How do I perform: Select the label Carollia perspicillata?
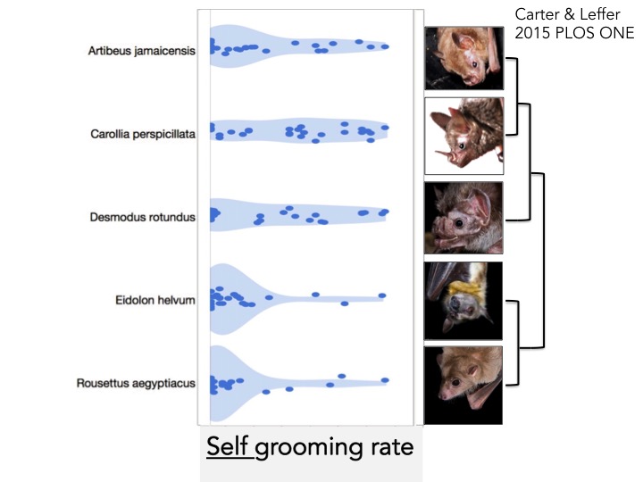143,135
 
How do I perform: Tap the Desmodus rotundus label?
142,217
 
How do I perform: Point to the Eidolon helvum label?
154,301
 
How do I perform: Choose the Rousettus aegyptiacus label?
137,384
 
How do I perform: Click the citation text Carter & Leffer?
567,15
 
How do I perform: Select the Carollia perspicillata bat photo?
463,136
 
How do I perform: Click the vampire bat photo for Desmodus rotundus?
463,219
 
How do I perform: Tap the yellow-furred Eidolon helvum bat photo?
463,299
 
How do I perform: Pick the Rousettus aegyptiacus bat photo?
463,385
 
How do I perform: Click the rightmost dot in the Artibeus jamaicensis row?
386,46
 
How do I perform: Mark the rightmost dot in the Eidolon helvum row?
382,295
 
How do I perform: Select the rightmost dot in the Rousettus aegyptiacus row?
386,380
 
